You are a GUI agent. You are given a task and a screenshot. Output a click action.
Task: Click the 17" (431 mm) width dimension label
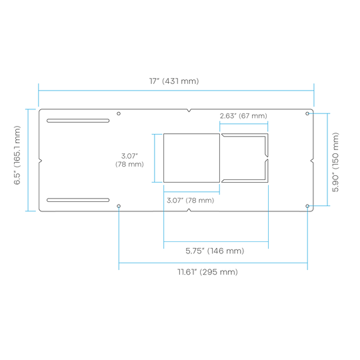(x=174, y=81)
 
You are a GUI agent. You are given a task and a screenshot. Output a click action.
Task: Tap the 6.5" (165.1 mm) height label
(x=17, y=155)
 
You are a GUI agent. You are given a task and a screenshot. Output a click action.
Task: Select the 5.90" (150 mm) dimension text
(x=335, y=162)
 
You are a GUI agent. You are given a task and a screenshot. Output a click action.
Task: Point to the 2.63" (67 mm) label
(x=243, y=116)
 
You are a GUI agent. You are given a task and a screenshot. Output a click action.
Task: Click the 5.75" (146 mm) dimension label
(x=215, y=251)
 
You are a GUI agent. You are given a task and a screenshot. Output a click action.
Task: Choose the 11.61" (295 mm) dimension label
(x=207, y=272)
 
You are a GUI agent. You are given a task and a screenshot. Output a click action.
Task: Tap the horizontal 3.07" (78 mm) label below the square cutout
(x=190, y=201)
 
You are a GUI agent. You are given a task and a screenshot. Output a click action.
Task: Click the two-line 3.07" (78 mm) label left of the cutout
(x=129, y=160)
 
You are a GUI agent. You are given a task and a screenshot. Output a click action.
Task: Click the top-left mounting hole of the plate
(x=119, y=113)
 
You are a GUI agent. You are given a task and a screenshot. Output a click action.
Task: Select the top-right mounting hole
(x=307, y=113)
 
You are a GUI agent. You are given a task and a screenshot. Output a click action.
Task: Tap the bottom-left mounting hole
(x=119, y=206)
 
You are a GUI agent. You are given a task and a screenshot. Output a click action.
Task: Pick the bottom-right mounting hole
(x=307, y=206)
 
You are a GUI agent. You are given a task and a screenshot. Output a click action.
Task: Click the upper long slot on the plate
(x=78, y=121)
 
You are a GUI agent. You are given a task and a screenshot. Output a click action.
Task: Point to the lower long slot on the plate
(x=78, y=200)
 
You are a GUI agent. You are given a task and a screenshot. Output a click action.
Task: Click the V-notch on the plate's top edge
(x=189, y=111)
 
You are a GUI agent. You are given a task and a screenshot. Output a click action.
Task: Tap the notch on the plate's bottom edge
(x=189, y=210)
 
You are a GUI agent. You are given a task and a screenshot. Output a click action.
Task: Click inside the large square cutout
(x=191, y=158)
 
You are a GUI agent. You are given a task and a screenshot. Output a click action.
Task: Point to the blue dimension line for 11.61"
(x=213, y=263)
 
